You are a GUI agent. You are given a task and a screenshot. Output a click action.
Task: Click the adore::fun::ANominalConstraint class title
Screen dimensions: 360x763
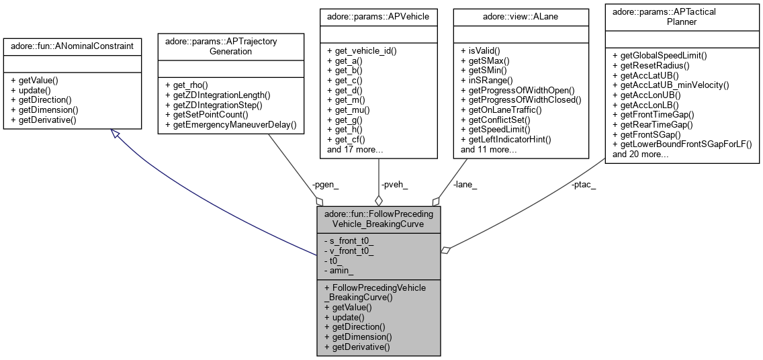(x=72, y=46)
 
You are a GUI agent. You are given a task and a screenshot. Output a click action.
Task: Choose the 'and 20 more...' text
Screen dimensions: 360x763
(x=641, y=154)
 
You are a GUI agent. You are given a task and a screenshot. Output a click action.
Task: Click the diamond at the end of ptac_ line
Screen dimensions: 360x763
(x=445, y=250)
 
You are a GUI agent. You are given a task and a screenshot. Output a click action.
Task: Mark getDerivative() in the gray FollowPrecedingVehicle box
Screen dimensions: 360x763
(x=357, y=347)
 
